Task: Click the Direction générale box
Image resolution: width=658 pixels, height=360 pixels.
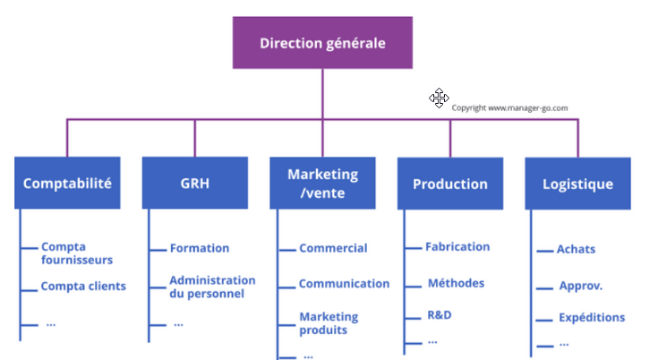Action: [x=323, y=42]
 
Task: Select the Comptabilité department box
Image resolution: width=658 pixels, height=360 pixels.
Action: [x=67, y=184]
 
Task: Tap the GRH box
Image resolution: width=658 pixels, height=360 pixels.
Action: [x=194, y=184]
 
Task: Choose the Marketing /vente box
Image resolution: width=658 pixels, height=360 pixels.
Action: [x=322, y=183]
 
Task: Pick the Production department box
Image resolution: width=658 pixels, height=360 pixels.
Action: [x=450, y=184]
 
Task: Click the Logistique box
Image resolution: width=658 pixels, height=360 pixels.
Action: [x=577, y=184]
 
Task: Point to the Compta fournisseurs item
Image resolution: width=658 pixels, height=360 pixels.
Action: [x=77, y=253]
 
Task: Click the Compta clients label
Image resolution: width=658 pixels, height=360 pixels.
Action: [x=83, y=287]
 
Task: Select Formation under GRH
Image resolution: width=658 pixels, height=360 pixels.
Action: [x=200, y=248]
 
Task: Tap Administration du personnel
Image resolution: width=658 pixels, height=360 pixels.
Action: [x=212, y=287]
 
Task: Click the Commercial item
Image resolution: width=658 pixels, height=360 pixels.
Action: [x=333, y=248]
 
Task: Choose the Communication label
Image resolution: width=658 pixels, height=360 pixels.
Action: [x=344, y=284]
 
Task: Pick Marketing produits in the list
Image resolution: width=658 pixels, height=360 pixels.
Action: [x=328, y=323]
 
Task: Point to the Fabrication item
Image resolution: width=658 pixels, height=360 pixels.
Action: [x=457, y=246]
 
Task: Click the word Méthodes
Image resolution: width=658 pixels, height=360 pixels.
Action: [x=456, y=283]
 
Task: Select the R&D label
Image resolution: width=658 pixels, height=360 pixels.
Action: [x=439, y=316]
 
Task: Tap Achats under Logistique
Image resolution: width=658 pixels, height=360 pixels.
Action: [x=576, y=250]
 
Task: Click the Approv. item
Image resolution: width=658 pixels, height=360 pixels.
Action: [x=580, y=287]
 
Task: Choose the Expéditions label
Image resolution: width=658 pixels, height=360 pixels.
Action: [x=592, y=317]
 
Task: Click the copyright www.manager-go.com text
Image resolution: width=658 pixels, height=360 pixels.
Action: [x=509, y=107]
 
